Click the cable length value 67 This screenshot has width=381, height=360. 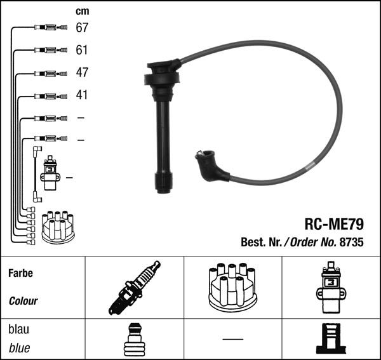82,27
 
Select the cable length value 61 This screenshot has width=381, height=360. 82,50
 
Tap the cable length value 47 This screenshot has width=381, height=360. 82,72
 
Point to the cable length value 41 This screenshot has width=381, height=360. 82,95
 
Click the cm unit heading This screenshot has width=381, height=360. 83,11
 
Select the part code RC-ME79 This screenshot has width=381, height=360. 334,224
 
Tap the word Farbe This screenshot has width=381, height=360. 21,273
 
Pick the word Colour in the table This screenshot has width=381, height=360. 23,301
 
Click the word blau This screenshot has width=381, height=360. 18,330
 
